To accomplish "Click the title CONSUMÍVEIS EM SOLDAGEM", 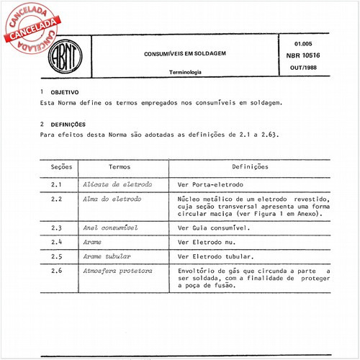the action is [x=184, y=53].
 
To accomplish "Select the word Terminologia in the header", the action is [x=185, y=72].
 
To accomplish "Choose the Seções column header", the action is [x=62, y=166].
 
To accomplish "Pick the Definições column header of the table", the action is [x=251, y=166].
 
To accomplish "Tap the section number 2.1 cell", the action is [x=57, y=184].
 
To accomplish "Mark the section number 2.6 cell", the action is [x=57, y=271].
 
